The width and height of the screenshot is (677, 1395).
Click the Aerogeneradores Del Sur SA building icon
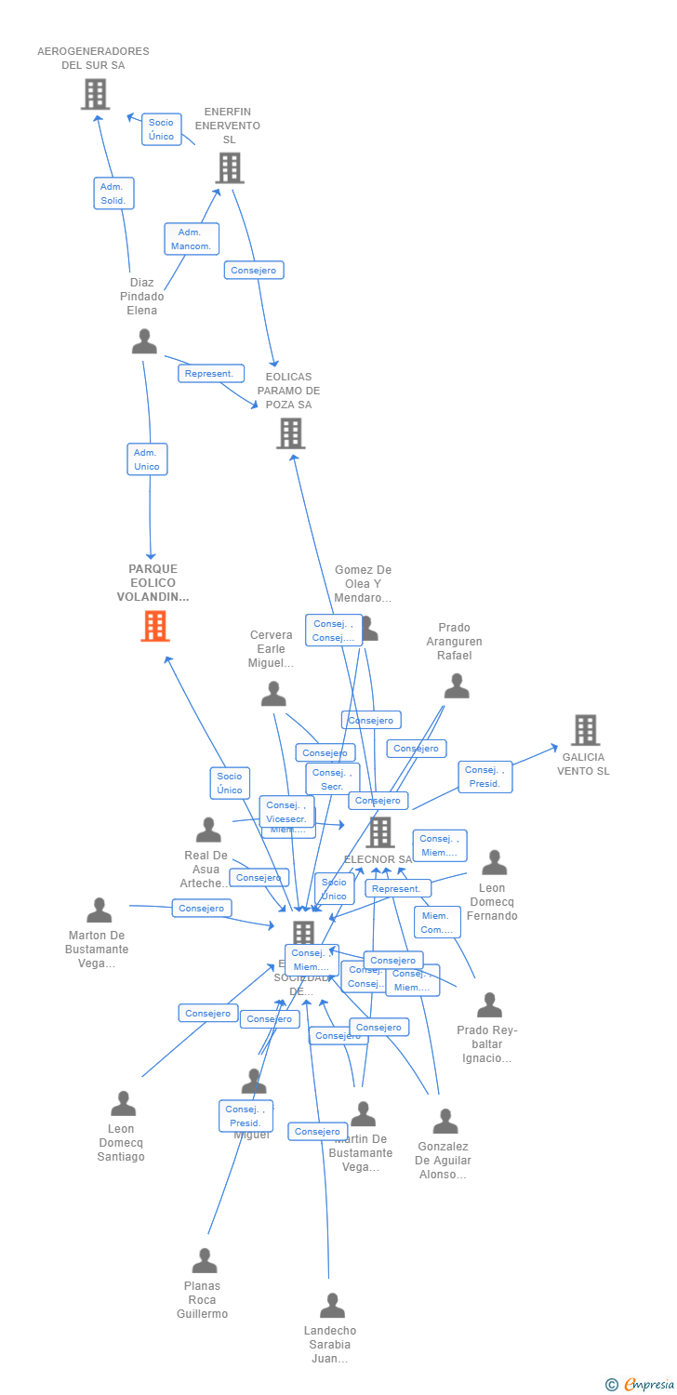point(95,94)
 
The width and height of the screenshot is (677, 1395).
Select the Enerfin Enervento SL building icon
point(230,168)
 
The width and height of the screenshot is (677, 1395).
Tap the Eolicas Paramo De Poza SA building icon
point(290,433)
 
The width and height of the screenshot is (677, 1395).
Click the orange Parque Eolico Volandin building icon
point(155,626)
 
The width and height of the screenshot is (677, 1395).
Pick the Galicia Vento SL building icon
point(585,730)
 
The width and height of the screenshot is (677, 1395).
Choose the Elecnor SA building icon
point(380,832)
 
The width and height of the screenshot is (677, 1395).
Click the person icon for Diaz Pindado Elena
point(144,342)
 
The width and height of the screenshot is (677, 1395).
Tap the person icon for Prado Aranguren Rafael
point(457,686)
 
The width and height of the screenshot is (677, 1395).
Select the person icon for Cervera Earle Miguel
point(273,694)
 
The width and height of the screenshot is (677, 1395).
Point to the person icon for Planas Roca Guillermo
point(205,1261)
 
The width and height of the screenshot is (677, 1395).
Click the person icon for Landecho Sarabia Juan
point(332,1306)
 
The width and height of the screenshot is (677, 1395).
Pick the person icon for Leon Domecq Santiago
point(123,1104)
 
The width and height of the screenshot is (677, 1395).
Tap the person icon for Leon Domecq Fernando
point(495,863)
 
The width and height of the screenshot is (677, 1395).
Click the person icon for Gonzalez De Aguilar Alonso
point(445,1122)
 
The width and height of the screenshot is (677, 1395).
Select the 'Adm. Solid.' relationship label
point(114,193)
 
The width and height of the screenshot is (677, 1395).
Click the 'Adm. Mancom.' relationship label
point(192,239)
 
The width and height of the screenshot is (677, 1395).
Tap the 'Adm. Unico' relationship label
point(147,459)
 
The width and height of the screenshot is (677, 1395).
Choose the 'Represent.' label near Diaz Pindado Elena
point(211,374)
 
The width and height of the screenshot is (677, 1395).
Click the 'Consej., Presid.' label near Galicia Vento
point(485,777)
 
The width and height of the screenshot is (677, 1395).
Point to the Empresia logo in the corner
point(642,1385)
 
